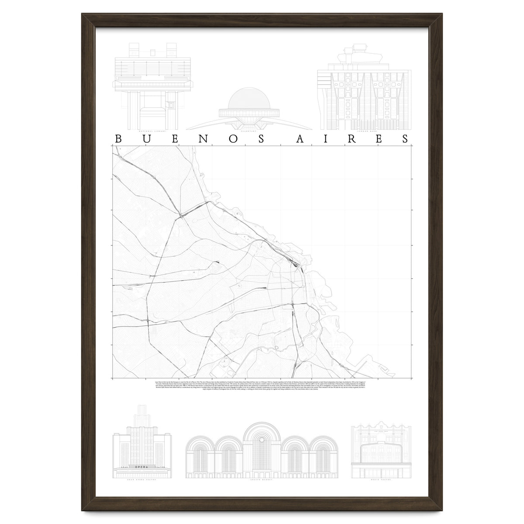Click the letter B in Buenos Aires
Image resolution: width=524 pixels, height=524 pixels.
118,139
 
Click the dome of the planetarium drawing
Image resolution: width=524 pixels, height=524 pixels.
249,98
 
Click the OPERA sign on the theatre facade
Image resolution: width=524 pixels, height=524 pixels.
142,468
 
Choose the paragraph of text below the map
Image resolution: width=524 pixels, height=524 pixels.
262,386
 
